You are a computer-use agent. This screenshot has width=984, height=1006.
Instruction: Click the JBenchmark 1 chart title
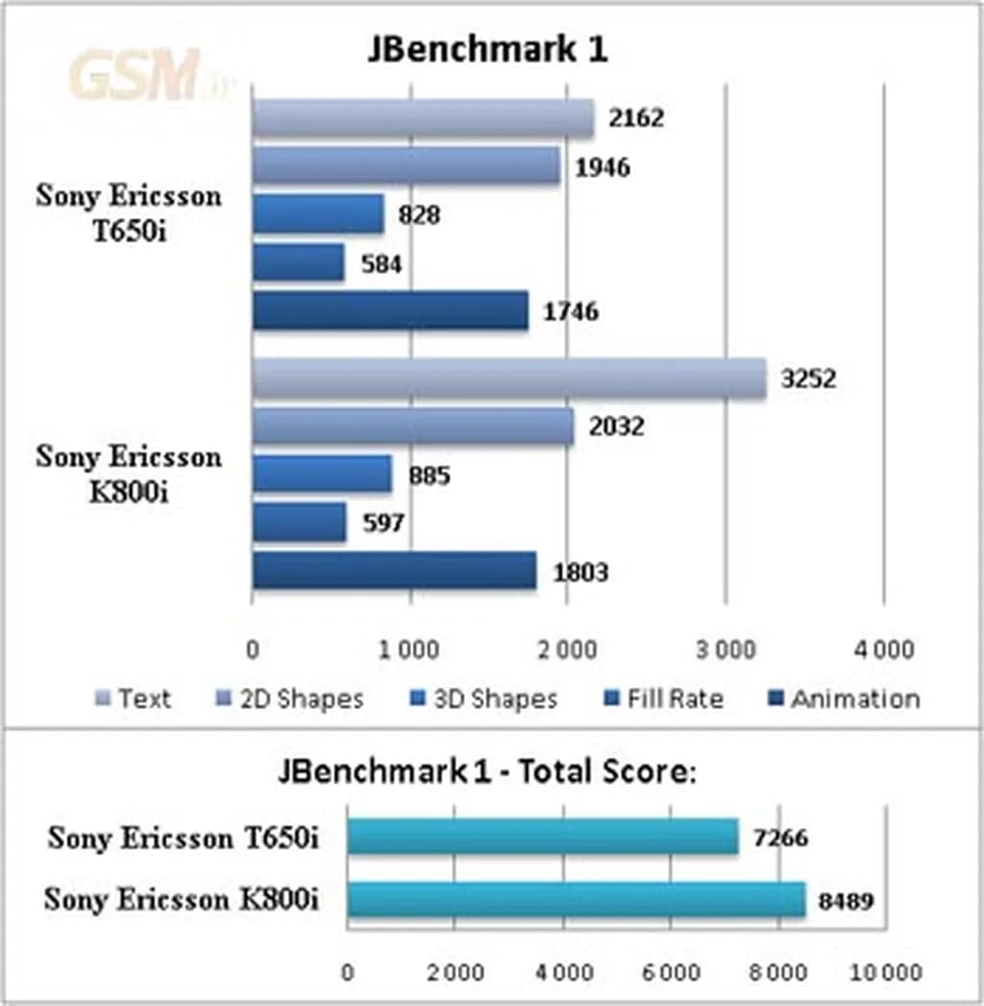[x=487, y=50]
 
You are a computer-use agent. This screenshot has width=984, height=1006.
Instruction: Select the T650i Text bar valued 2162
[x=423, y=118]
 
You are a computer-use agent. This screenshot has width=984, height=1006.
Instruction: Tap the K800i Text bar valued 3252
[x=508, y=379]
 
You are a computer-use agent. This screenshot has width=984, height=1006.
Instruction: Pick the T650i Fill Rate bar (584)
[x=298, y=262]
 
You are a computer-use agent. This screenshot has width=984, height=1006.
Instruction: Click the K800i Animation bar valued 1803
[x=394, y=571]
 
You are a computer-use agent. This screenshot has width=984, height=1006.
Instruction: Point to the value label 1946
[x=603, y=168]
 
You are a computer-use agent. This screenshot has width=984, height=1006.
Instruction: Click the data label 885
[x=429, y=476]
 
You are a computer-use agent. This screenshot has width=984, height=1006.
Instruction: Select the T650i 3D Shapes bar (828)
[x=318, y=214]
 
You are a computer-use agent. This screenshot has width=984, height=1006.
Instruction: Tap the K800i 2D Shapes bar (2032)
[x=412, y=427]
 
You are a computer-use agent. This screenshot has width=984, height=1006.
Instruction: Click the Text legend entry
[x=134, y=699]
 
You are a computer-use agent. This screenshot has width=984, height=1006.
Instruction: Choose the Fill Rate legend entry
[x=663, y=699]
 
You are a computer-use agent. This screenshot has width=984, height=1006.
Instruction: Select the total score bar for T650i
[x=542, y=837]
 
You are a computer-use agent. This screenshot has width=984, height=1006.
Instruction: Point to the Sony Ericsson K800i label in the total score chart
[x=183, y=900]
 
